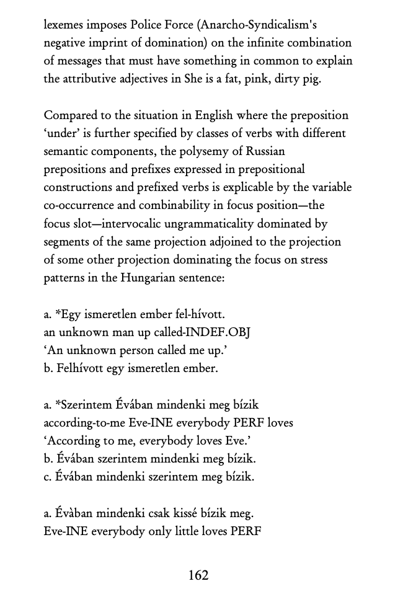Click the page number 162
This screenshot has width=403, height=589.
click(x=198, y=575)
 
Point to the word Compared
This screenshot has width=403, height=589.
click(x=71, y=115)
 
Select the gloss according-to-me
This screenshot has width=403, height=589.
click(x=84, y=423)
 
